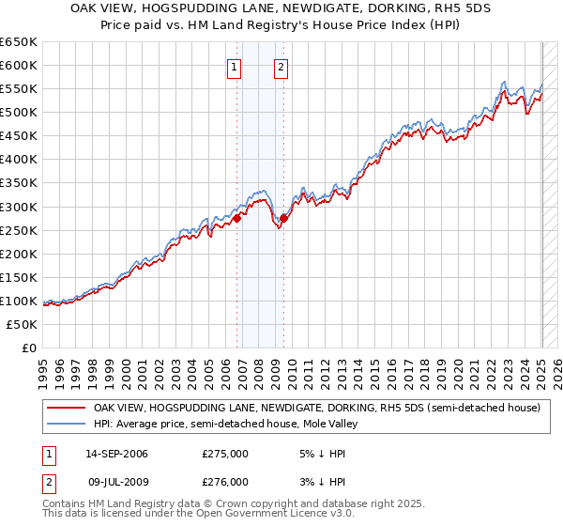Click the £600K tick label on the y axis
(19, 65)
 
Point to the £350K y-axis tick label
(19, 183)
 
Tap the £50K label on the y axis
(23, 324)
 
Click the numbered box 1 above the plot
(233, 67)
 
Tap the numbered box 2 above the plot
(281, 67)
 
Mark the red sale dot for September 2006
(237, 218)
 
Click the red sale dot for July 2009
(283, 218)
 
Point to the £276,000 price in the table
(225, 481)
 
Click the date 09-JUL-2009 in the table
(116, 481)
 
